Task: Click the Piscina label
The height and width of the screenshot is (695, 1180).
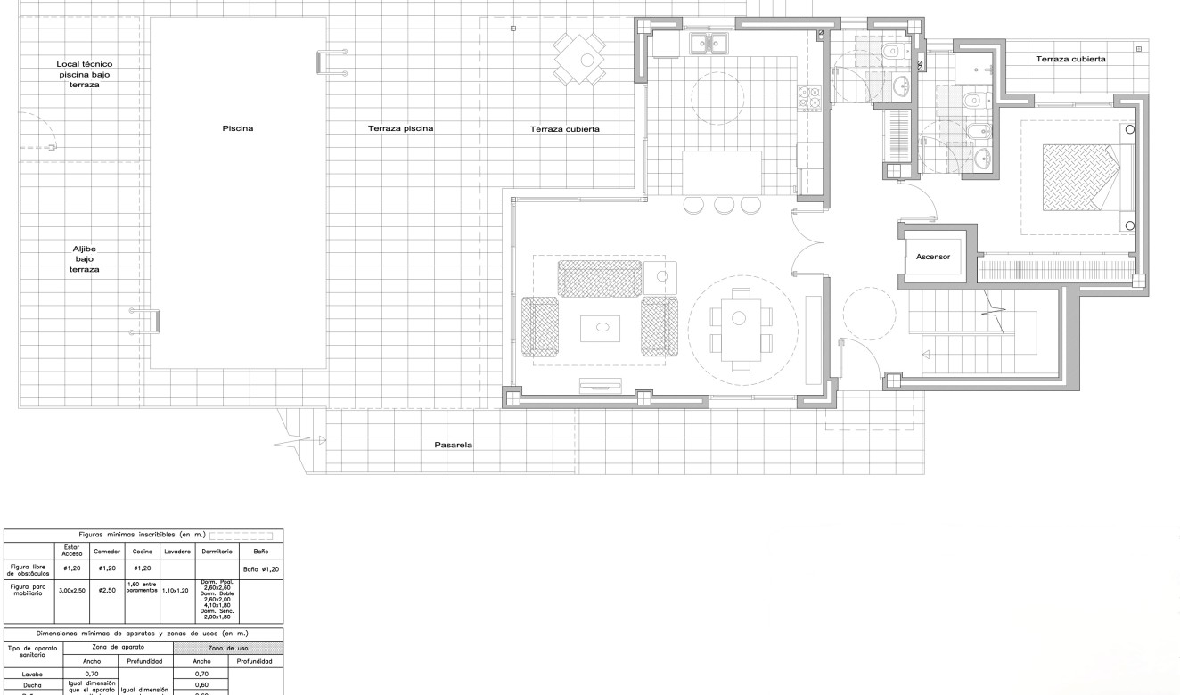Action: pos(238,128)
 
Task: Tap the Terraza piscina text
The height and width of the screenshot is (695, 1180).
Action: pos(400,128)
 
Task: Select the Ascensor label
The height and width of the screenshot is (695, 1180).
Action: pos(934,256)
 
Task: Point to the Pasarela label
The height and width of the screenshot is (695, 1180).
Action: pos(453,445)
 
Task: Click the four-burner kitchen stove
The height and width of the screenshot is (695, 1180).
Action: pos(812,98)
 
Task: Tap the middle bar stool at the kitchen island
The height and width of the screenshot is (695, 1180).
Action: pos(723,205)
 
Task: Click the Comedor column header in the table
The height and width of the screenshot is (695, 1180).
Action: pos(106,552)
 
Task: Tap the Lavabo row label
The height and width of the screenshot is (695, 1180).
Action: pos(31,675)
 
